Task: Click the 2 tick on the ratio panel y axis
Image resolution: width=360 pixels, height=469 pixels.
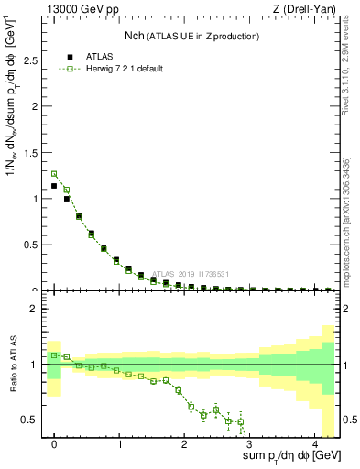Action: tap(33, 309)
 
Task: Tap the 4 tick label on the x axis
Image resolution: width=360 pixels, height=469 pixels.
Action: tap(314, 442)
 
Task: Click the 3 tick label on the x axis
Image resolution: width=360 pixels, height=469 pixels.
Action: tap(249, 442)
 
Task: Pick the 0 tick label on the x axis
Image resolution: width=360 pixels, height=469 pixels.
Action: tap(54, 442)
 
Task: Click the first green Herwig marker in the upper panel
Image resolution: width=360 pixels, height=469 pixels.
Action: tap(54, 173)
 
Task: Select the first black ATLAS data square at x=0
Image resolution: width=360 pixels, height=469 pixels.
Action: tap(54, 186)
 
